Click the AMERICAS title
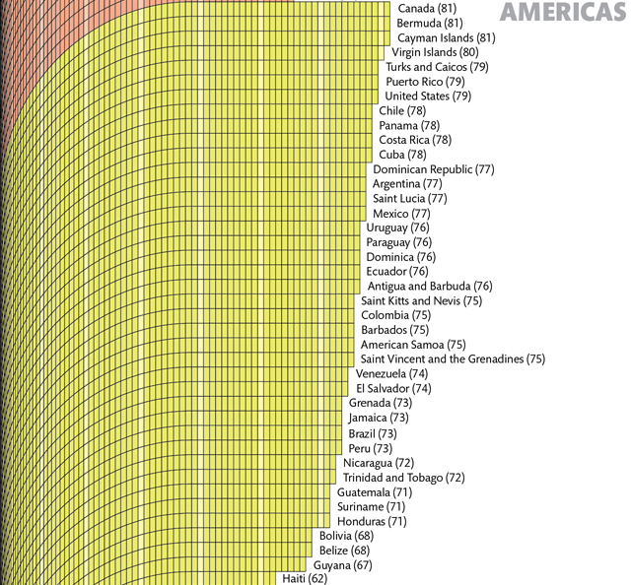coord(562,12)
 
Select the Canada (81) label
coord(430,9)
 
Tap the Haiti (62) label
coord(304,579)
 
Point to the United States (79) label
coord(428,97)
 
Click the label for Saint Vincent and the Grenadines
coord(453,359)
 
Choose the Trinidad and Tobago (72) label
coord(403,478)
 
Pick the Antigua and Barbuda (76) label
coord(430,287)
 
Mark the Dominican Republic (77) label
coord(434,169)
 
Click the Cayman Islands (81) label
coord(446,37)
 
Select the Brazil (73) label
coord(373,433)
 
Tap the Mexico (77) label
coord(401,214)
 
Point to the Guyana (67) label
coord(343,565)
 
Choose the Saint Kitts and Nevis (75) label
coord(421,301)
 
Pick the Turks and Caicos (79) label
coord(437,67)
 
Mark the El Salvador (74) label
coord(393,389)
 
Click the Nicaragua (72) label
coord(379,463)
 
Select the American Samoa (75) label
coord(413,345)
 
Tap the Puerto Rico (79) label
coord(425,82)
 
